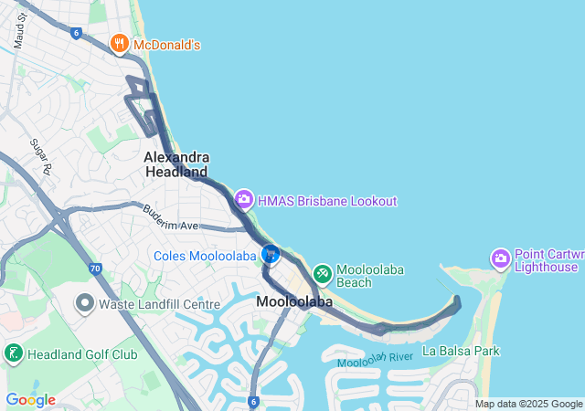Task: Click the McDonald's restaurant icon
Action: (x=119, y=43)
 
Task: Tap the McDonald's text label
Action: (x=166, y=44)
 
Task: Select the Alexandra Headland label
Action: (x=176, y=164)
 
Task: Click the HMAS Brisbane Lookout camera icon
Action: (x=243, y=199)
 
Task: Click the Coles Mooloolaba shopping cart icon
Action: (x=270, y=255)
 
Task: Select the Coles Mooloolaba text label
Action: (x=204, y=256)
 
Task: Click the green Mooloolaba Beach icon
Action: (x=322, y=273)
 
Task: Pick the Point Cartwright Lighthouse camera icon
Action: (x=500, y=258)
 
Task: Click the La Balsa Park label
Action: (x=462, y=351)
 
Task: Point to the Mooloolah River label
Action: (x=375, y=360)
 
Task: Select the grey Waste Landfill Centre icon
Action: (x=85, y=302)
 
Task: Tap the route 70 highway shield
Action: (x=95, y=269)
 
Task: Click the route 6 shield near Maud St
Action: (x=76, y=32)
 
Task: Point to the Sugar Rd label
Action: (x=38, y=156)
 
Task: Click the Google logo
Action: (x=30, y=400)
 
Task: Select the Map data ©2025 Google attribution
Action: (x=528, y=404)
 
